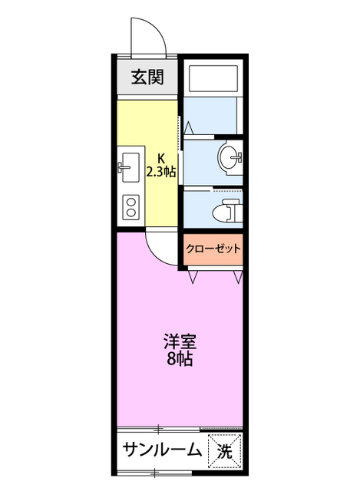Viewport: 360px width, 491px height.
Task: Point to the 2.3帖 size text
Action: point(161,172)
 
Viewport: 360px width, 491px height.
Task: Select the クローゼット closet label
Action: point(213,249)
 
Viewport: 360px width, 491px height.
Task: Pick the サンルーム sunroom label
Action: point(162,450)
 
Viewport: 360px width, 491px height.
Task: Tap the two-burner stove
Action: point(130,206)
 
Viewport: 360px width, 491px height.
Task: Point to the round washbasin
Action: point(228,158)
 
